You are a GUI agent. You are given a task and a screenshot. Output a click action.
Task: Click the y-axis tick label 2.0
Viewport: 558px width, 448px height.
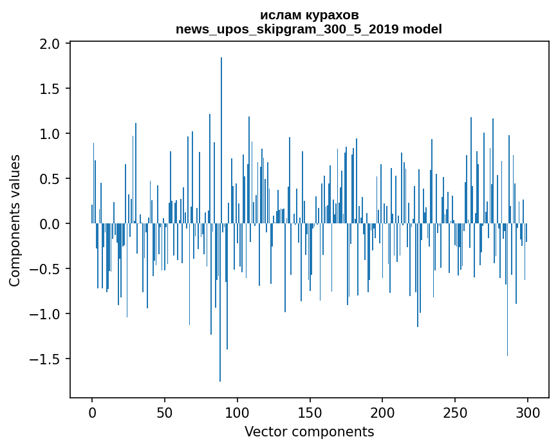[x=50, y=44]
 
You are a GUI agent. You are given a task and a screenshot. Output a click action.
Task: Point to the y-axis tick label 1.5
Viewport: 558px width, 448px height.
[x=50, y=89]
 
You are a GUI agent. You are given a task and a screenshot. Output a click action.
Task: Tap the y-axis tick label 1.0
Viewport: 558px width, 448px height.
[x=50, y=134]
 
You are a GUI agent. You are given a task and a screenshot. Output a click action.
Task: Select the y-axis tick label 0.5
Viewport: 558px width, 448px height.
[x=50, y=179]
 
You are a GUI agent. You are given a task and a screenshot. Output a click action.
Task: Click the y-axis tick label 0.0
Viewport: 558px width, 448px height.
[x=50, y=224]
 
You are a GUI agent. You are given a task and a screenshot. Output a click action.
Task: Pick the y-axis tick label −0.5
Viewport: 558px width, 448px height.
[x=44, y=269]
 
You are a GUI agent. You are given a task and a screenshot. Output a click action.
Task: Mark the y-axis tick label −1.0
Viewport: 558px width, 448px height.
[x=44, y=314]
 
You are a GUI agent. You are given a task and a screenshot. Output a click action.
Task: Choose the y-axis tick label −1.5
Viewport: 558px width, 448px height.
[x=44, y=359]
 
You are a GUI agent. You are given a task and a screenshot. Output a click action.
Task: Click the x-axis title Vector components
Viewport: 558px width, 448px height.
[x=309, y=431]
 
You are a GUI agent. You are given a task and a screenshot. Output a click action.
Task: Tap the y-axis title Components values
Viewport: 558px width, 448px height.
[x=15, y=220]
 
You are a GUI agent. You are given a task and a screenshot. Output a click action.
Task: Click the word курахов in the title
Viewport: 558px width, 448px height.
[x=330, y=15]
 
